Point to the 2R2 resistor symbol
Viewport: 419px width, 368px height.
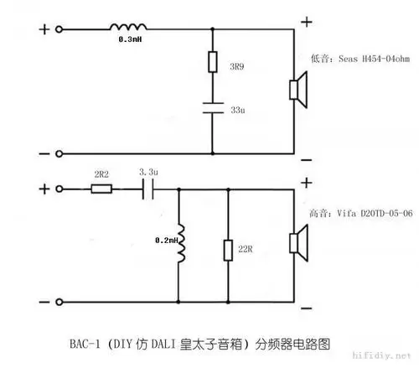(x=102, y=189)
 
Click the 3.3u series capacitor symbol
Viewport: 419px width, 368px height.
(x=147, y=189)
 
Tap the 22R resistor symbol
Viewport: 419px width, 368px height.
(x=228, y=250)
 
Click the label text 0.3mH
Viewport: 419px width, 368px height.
(x=130, y=39)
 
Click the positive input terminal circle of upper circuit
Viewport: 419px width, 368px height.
(x=59, y=30)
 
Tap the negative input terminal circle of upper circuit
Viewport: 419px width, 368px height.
(x=59, y=153)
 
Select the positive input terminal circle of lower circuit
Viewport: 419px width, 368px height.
(x=59, y=189)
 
